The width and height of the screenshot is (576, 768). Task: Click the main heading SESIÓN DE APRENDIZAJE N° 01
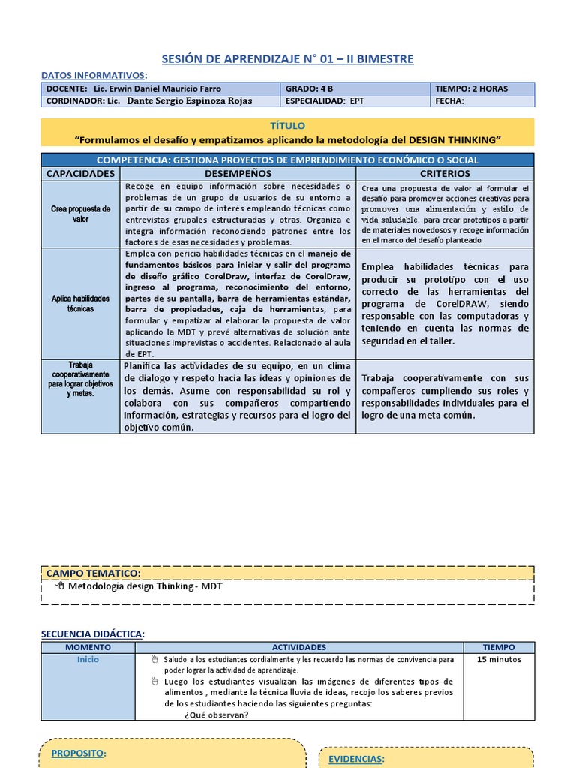(x=287, y=58)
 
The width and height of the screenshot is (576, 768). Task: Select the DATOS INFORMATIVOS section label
(x=93, y=75)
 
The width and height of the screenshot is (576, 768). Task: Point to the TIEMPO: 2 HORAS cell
(x=471, y=88)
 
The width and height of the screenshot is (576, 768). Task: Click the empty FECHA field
(x=495, y=100)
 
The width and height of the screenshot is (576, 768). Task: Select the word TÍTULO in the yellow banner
(x=287, y=126)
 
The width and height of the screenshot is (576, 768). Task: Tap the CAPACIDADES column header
(x=80, y=173)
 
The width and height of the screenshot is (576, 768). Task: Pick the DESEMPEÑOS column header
(x=238, y=173)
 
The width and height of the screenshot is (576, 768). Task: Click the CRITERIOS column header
(x=445, y=173)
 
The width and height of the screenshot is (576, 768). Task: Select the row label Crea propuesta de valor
(x=80, y=214)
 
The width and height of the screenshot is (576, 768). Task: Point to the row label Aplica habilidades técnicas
(x=80, y=303)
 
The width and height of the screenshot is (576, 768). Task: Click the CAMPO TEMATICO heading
(x=93, y=574)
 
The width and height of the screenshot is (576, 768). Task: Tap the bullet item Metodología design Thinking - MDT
(x=145, y=586)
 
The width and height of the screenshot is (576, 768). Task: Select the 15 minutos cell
(x=499, y=660)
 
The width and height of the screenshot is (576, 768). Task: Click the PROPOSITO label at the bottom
(x=78, y=753)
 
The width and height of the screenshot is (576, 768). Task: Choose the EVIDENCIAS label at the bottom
(x=356, y=759)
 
